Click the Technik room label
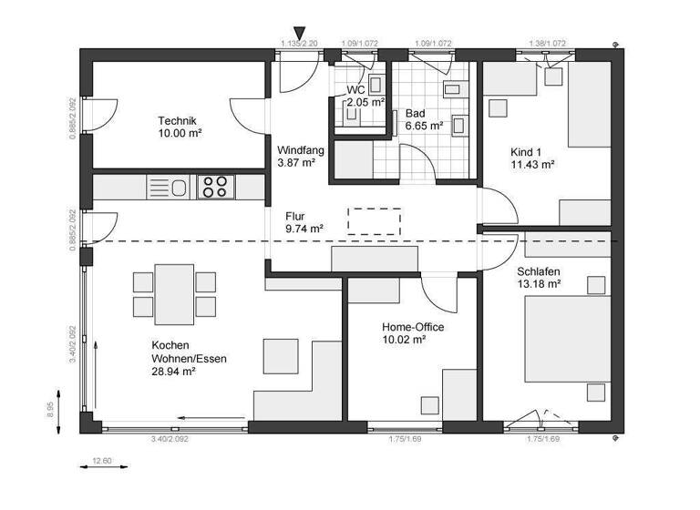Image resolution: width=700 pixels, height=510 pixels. [177, 120]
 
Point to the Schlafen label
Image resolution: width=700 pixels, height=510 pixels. [539, 271]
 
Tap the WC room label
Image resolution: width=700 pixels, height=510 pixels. [355, 90]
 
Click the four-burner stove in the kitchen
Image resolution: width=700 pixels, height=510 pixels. [215, 188]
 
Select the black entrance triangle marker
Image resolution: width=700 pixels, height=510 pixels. [300, 35]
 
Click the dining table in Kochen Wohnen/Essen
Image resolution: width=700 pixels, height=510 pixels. [174, 291]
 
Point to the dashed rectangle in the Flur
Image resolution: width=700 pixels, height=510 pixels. [374, 220]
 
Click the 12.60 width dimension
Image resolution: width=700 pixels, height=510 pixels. [102, 461]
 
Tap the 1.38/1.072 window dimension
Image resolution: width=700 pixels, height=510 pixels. [548, 43]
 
